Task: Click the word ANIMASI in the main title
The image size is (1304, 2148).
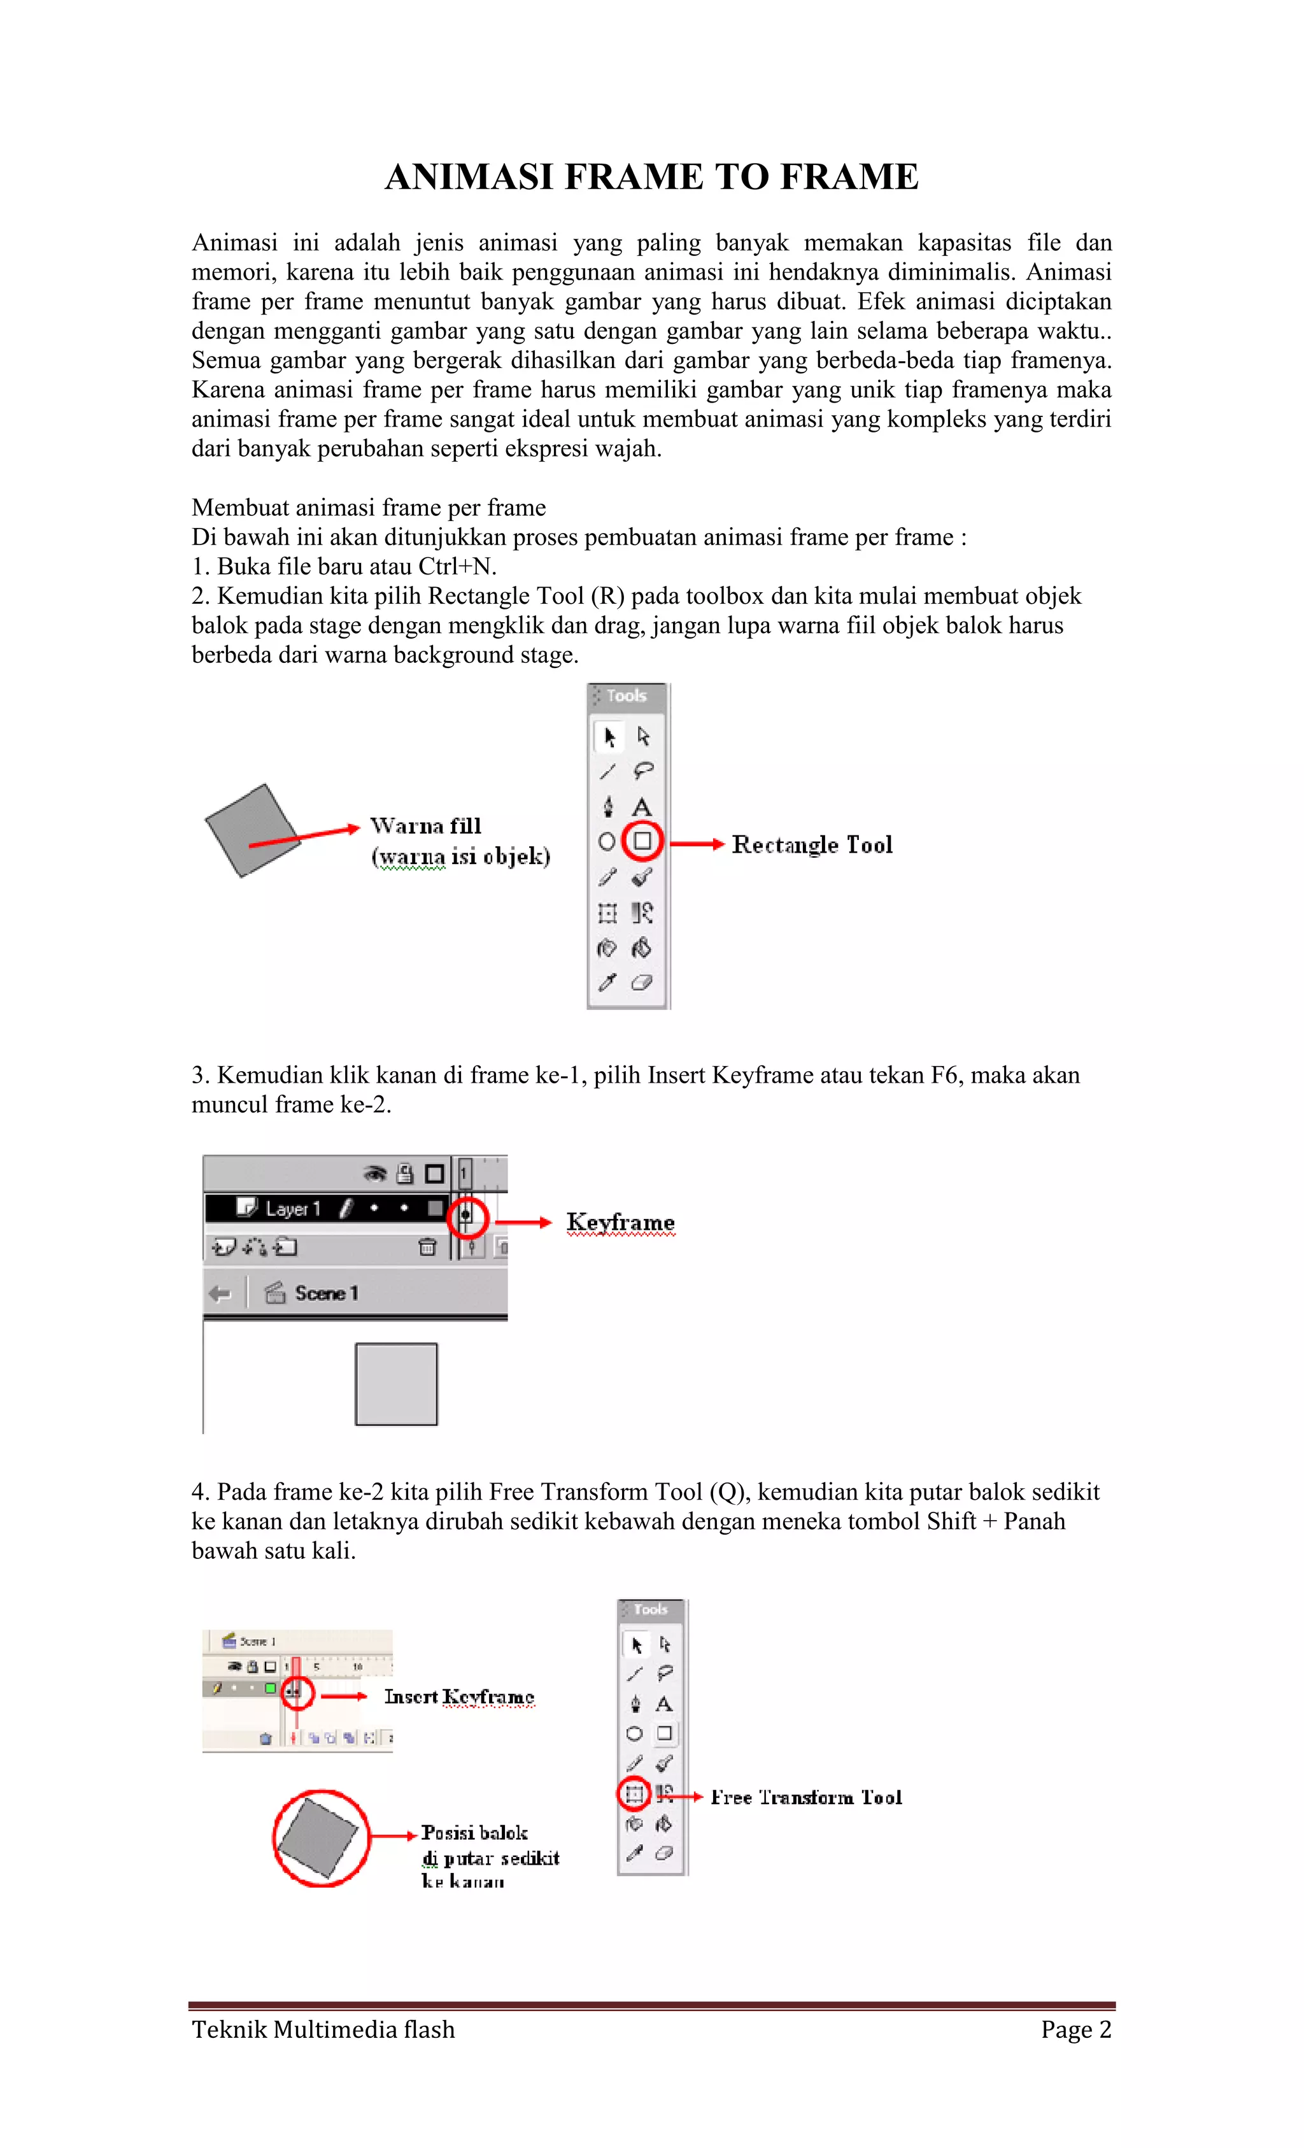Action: pyautogui.click(x=469, y=177)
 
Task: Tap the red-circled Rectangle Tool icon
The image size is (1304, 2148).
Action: pyautogui.click(x=643, y=841)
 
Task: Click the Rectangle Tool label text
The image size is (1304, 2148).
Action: pyautogui.click(x=812, y=844)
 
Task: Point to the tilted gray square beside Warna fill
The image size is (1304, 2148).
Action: pyautogui.click(x=251, y=829)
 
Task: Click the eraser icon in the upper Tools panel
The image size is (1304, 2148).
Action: pyautogui.click(x=642, y=983)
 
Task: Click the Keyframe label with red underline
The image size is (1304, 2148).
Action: pyautogui.click(x=620, y=1222)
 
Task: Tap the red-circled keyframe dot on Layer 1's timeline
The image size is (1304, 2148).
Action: pyautogui.click(x=466, y=1214)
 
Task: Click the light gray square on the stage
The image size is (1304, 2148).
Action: pyautogui.click(x=396, y=1384)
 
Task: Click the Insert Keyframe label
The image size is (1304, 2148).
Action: pyautogui.click(x=458, y=1696)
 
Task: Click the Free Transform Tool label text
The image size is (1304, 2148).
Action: pyautogui.click(x=806, y=1798)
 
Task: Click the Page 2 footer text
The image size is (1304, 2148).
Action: pyautogui.click(x=1075, y=2030)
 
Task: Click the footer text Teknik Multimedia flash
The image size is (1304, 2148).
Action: pyautogui.click(x=323, y=2030)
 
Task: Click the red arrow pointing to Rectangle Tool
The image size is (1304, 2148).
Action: pyautogui.click(x=697, y=844)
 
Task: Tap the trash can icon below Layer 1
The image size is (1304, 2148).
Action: pyautogui.click(x=427, y=1248)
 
